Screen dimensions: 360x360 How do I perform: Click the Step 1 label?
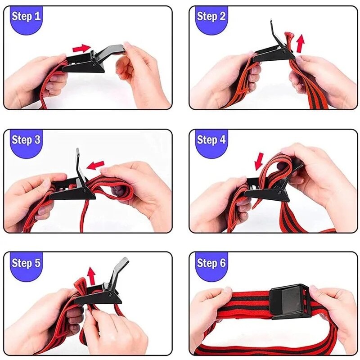pyautogui.click(x=26, y=17)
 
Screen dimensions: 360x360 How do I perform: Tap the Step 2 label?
pyautogui.click(x=211, y=17)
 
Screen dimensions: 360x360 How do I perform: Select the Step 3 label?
pyautogui.click(x=26, y=139)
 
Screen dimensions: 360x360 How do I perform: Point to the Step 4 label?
pyautogui.click(x=211, y=139)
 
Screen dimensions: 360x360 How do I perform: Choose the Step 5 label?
pyautogui.click(x=26, y=262)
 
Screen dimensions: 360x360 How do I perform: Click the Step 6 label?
pyautogui.click(x=211, y=262)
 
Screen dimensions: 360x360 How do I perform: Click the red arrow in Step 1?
pyautogui.click(x=81, y=48)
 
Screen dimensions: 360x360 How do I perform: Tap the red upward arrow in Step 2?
pyautogui.click(x=300, y=44)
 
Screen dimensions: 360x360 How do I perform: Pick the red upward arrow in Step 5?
pyautogui.click(x=92, y=275)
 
